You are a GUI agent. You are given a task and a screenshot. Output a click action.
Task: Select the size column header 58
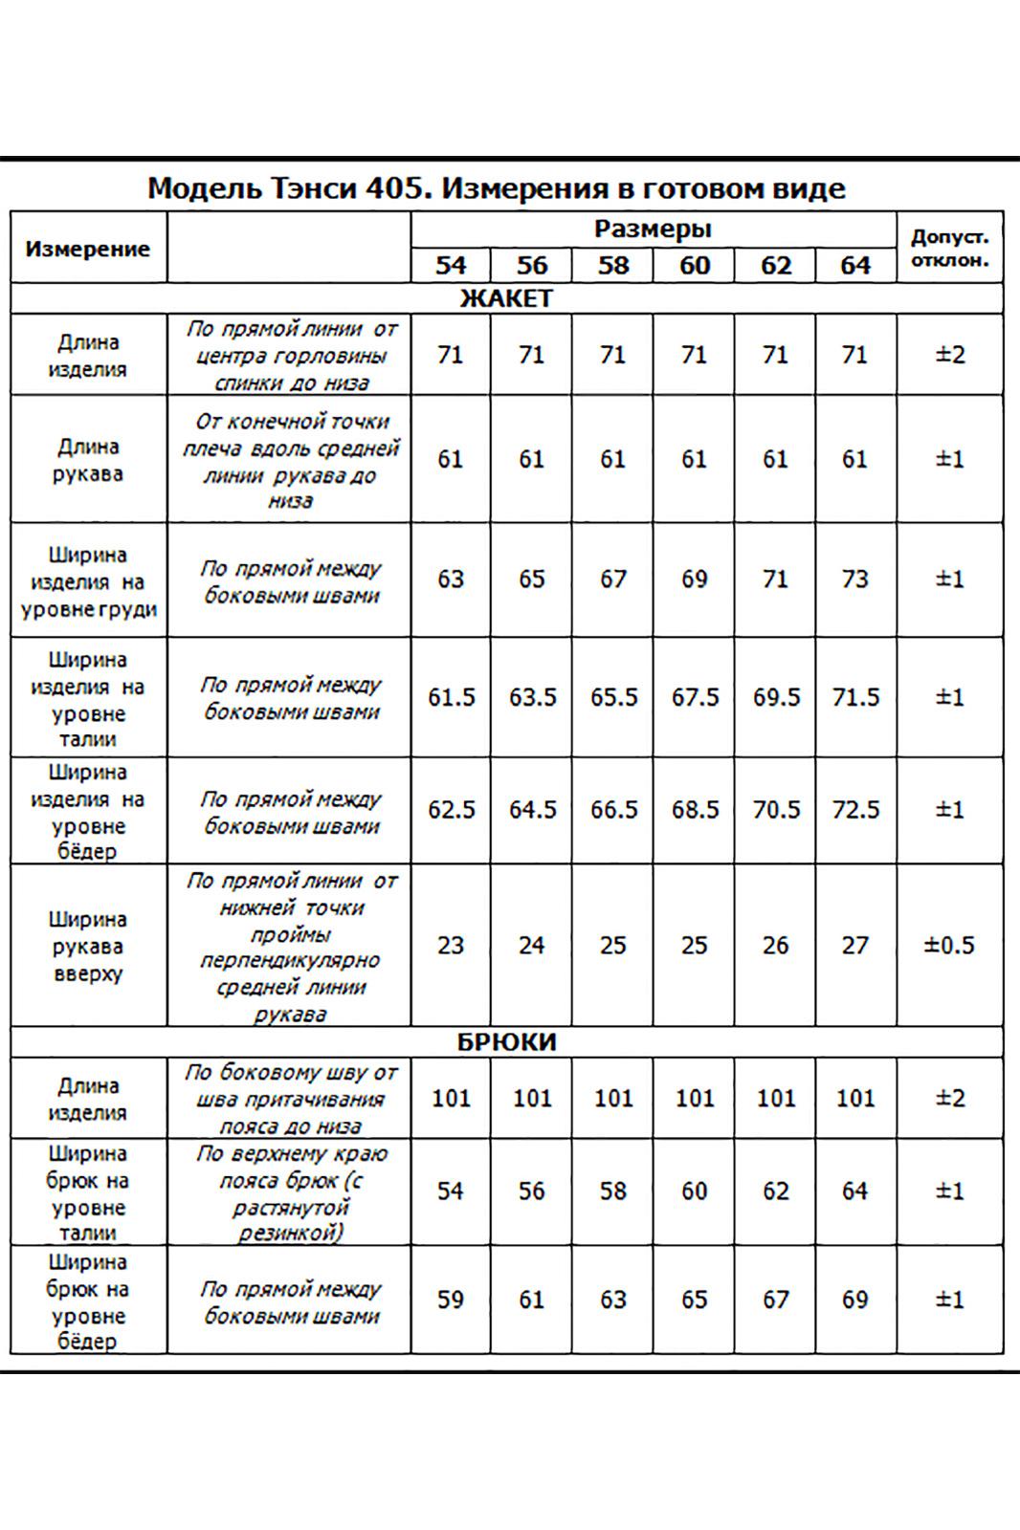click(x=612, y=265)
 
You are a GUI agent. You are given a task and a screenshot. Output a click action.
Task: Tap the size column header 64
click(x=854, y=265)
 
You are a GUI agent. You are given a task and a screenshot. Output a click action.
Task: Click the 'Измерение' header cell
click(x=88, y=249)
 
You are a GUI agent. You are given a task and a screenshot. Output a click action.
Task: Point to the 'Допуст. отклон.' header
click(x=949, y=249)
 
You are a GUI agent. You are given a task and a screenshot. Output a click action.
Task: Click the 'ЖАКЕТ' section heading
click(x=506, y=298)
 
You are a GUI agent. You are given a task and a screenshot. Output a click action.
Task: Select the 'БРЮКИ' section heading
click(x=506, y=1041)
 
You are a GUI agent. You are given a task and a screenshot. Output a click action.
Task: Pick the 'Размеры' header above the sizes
click(x=653, y=229)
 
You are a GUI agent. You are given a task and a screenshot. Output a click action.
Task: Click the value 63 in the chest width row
click(x=450, y=579)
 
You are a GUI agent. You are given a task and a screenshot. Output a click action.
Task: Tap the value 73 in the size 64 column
click(x=854, y=579)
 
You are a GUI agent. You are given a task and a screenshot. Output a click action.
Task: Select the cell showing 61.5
click(x=451, y=697)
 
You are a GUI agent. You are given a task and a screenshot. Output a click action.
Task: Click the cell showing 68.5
click(x=695, y=810)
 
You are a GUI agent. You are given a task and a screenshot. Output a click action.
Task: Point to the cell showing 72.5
click(x=854, y=810)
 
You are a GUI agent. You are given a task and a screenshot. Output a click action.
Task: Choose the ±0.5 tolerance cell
click(x=949, y=946)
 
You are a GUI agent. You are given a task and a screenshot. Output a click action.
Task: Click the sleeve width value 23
click(x=450, y=946)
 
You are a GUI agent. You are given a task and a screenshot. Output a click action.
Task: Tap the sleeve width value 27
click(x=854, y=946)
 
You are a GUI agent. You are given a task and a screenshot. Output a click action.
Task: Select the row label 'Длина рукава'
click(x=88, y=460)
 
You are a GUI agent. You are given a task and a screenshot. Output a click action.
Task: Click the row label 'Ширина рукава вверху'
click(x=88, y=946)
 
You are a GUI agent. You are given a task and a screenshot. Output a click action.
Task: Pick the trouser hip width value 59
click(x=450, y=1300)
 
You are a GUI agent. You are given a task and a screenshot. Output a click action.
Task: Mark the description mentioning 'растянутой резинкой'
click(x=289, y=1191)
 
